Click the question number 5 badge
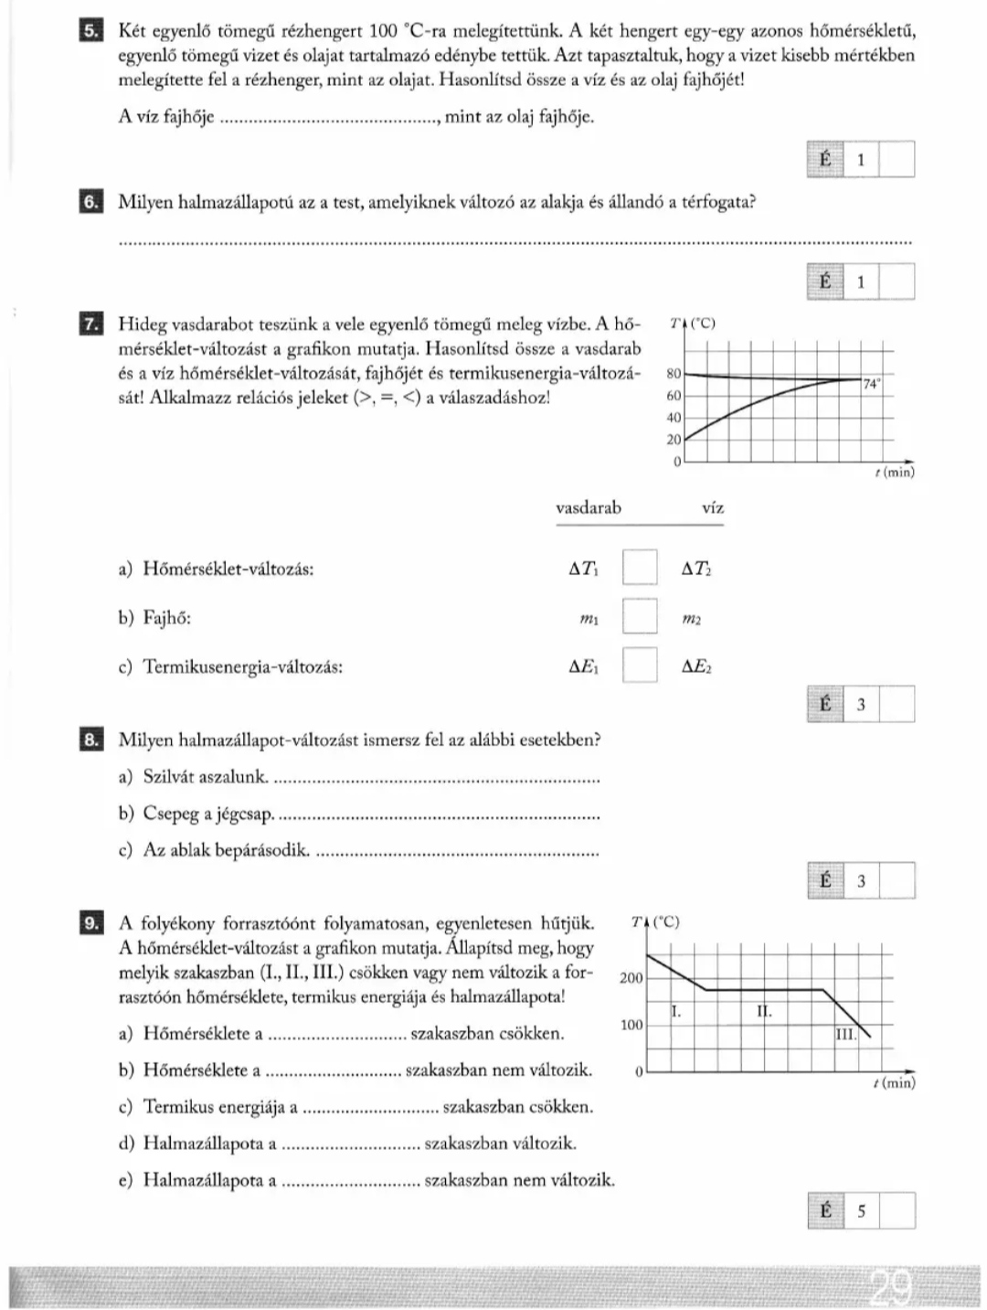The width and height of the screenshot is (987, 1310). [x=90, y=31]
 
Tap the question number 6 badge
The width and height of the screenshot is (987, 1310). [x=90, y=202]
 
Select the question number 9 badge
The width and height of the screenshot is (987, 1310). [x=90, y=923]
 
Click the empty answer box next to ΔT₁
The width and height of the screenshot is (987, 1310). [x=640, y=567]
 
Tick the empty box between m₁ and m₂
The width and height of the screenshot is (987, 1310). [x=640, y=615]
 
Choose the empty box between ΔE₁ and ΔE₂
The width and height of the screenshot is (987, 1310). [x=640, y=665]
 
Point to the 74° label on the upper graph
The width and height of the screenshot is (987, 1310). [x=872, y=385]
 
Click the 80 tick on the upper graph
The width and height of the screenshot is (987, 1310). [x=674, y=374]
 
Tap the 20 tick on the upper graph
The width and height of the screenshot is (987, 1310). [x=674, y=440]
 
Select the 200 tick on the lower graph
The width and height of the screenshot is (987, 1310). [x=631, y=978]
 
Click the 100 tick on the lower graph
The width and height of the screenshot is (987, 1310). [x=631, y=1025]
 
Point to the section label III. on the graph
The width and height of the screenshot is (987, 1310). [x=846, y=1034]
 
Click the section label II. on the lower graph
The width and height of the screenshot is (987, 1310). [x=764, y=1011]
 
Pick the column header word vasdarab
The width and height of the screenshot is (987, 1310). [x=588, y=508]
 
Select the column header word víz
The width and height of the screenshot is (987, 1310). [x=713, y=508]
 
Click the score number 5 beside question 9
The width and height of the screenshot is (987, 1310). [x=861, y=1211]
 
